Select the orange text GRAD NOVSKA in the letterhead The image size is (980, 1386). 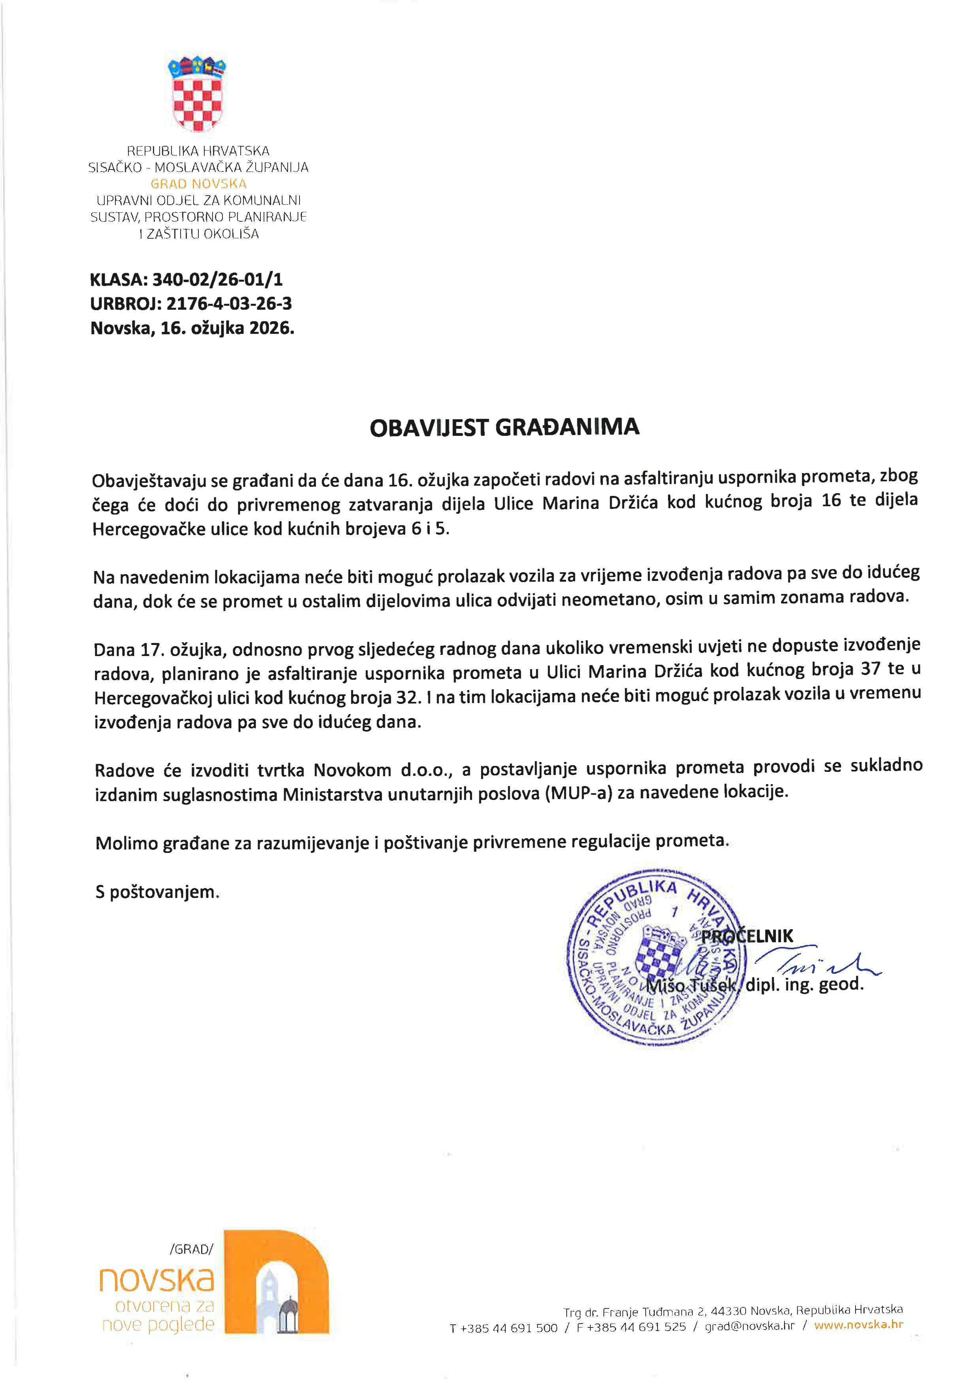198,183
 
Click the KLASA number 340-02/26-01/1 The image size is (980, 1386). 217,279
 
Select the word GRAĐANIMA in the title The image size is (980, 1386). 567,427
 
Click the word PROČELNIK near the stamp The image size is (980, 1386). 747,936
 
